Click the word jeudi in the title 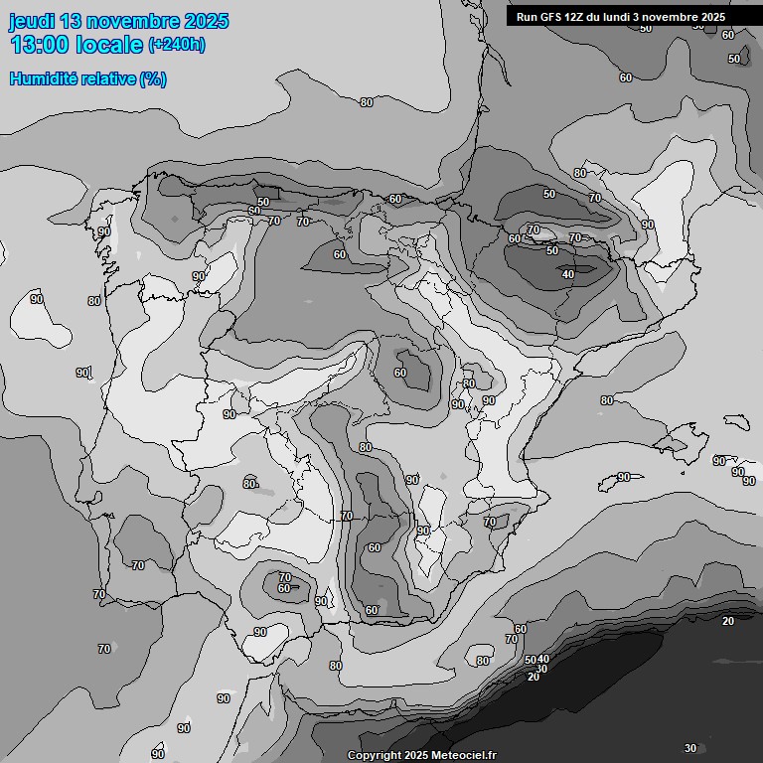click(x=32, y=21)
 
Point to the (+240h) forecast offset click(x=177, y=45)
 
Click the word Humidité click(x=39, y=78)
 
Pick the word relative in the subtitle click(x=102, y=78)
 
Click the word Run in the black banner click(x=528, y=17)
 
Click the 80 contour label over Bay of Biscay click(x=367, y=102)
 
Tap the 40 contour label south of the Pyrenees click(x=568, y=274)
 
